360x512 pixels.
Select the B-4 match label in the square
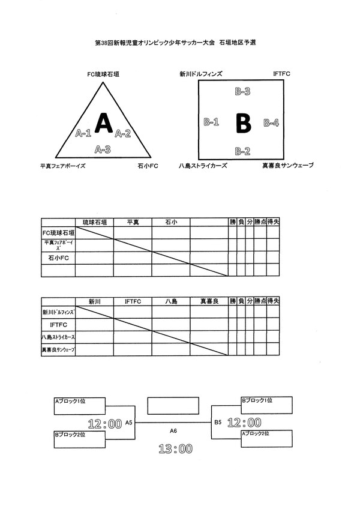tap(271, 122)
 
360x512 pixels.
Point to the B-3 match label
tap(242, 92)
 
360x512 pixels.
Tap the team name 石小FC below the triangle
tap(147, 166)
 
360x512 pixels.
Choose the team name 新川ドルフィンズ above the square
tap(200, 74)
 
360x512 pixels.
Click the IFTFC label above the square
tap(281, 74)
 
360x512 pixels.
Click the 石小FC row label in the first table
tap(58, 258)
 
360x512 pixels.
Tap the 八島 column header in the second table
tap(171, 301)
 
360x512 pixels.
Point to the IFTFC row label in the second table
tap(58, 324)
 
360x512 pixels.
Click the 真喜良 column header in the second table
tap(209, 301)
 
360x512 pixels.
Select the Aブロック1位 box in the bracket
tap(80, 406)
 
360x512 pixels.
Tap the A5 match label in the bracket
tap(128, 423)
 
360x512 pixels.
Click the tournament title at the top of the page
tap(176, 44)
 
